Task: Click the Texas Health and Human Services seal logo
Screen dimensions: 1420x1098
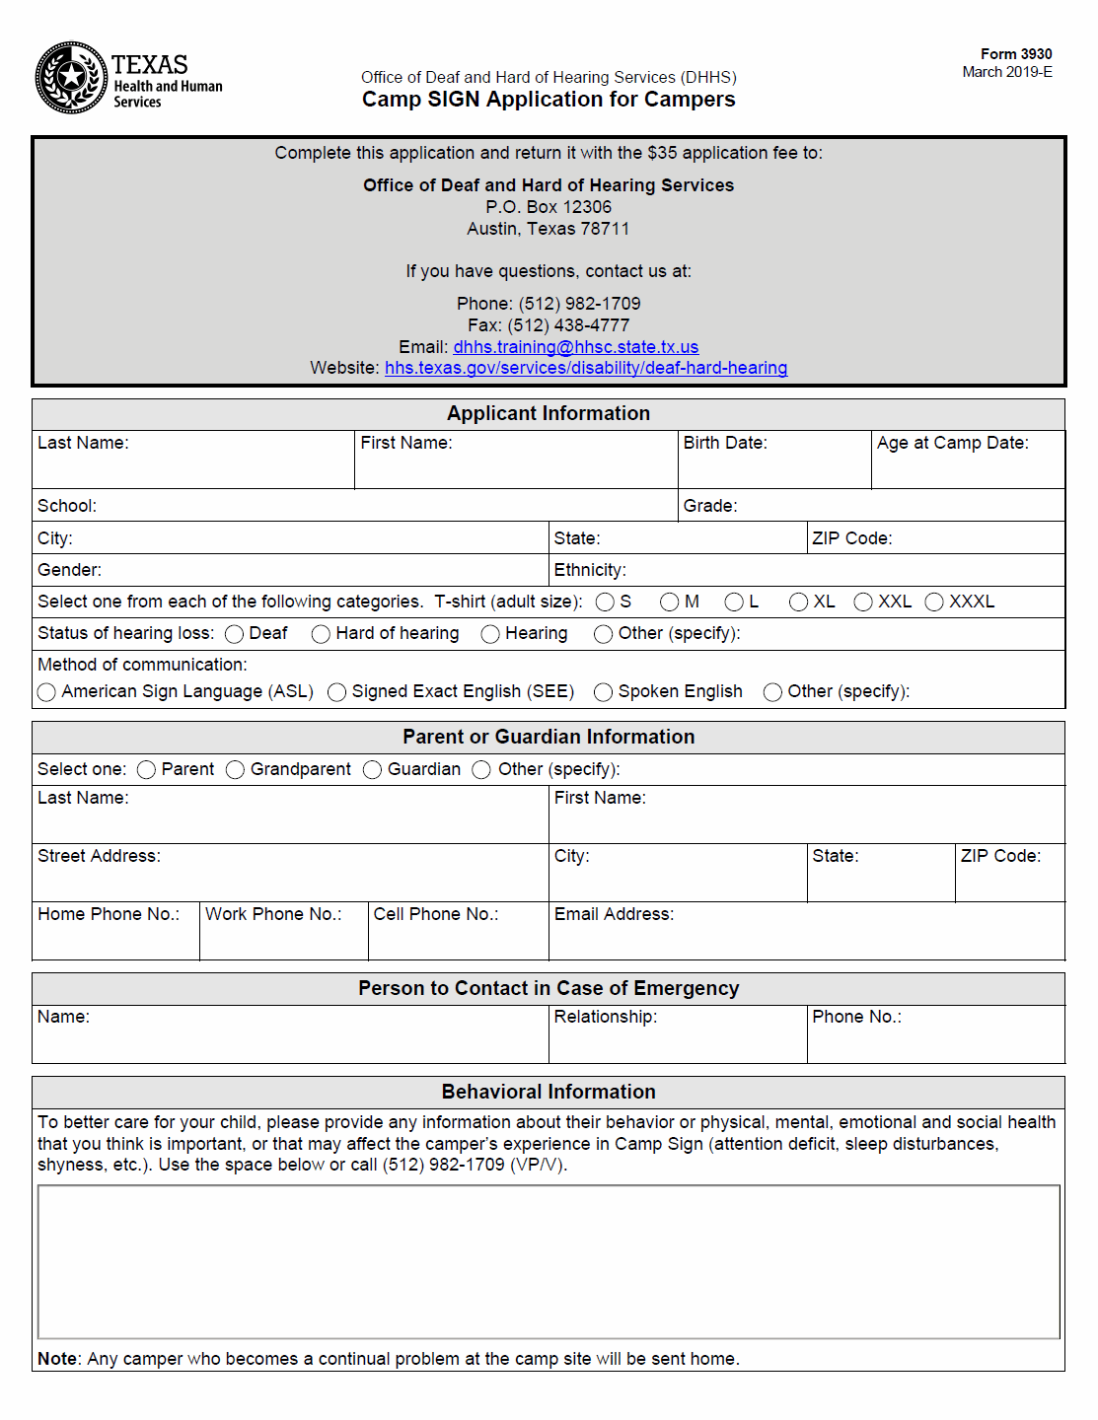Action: click(x=71, y=77)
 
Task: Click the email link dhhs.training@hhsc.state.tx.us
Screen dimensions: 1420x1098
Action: click(x=575, y=347)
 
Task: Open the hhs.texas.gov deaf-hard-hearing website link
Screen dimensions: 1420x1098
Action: click(x=585, y=368)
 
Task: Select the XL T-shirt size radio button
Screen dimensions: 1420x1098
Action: click(x=799, y=603)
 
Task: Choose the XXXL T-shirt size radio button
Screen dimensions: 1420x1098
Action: click(x=934, y=603)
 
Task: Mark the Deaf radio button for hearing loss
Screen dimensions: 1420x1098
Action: click(x=235, y=634)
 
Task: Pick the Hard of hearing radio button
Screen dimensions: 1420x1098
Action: click(x=321, y=634)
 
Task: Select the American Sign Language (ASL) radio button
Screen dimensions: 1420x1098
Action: click(x=46, y=692)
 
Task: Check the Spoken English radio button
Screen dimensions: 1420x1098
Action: click(x=604, y=692)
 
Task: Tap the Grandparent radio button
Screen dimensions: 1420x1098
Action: click(x=235, y=770)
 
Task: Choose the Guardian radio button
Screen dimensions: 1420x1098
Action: click(x=372, y=770)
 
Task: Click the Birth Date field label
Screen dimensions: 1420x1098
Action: click(x=724, y=443)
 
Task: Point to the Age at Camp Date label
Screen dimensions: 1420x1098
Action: click(x=952, y=443)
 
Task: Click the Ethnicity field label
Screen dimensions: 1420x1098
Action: click(x=589, y=570)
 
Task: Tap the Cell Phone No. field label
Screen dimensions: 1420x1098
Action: click(x=435, y=914)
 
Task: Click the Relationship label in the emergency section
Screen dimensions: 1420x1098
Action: click(x=605, y=1017)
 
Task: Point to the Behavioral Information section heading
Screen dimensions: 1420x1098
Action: click(x=549, y=1092)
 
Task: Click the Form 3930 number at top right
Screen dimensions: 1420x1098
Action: click(x=1015, y=54)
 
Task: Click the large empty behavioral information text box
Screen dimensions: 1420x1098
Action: click(x=549, y=1261)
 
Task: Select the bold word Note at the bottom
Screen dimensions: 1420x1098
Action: click(x=57, y=1359)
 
